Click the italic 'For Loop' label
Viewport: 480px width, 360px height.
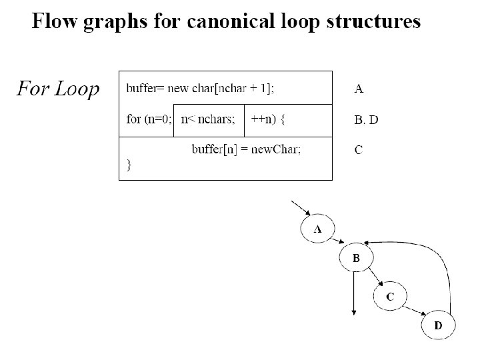point(57,88)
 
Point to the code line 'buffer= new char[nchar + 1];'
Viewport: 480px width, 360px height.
point(200,87)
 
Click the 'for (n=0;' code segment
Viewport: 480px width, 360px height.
point(149,120)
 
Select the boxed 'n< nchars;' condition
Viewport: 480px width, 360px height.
point(209,120)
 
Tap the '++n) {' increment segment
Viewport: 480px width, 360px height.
point(269,120)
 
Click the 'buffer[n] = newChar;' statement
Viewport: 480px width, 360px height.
point(246,149)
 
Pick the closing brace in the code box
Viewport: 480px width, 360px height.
point(129,164)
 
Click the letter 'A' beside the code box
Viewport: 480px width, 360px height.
point(359,87)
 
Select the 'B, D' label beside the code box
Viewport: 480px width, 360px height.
point(366,120)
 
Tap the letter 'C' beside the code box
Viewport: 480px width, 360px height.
point(359,150)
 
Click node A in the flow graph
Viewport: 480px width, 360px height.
point(318,229)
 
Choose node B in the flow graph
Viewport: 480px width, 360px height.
point(356,258)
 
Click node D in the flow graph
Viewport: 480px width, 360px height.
point(439,325)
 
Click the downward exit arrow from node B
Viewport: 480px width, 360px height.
point(353,293)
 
